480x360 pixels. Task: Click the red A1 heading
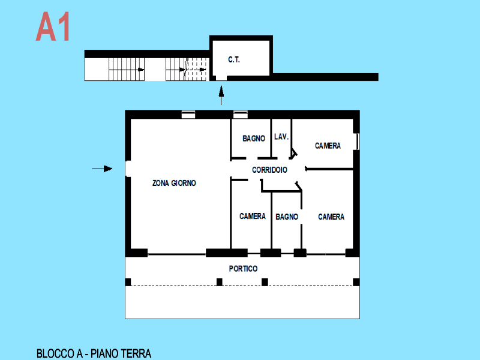(x=53, y=26)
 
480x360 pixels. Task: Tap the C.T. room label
(x=234, y=59)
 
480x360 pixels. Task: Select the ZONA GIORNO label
(x=174, y=183)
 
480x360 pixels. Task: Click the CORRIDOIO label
(x=269, y=170)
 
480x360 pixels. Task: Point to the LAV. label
(x=281, y=137)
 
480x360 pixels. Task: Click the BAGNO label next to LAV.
(x=254, y=139)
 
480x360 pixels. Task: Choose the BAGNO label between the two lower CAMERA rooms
(x=287, y=217)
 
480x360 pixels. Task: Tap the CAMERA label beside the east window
(x=328, y=146)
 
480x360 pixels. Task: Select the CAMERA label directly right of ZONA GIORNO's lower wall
(x=253, y=217)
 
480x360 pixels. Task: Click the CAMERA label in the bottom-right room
(x=331, y=217)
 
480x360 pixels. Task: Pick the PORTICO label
(x=244, y=268)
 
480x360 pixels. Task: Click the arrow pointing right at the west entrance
(x=102, y=169)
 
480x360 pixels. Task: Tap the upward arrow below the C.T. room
(x=221, y=95)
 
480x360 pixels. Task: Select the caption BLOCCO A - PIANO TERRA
(x=94, y=353)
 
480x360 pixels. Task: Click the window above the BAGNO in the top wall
(x=241, y=115)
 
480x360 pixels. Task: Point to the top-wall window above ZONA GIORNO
(x=188, y=115)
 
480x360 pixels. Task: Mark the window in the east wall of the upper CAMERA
(x=357, y=142)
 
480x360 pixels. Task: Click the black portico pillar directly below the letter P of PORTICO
(x=220, y=281)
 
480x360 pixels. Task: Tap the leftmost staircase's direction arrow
(x=127, y=70)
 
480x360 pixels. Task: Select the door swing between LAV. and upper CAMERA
(x=293, y=154)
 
